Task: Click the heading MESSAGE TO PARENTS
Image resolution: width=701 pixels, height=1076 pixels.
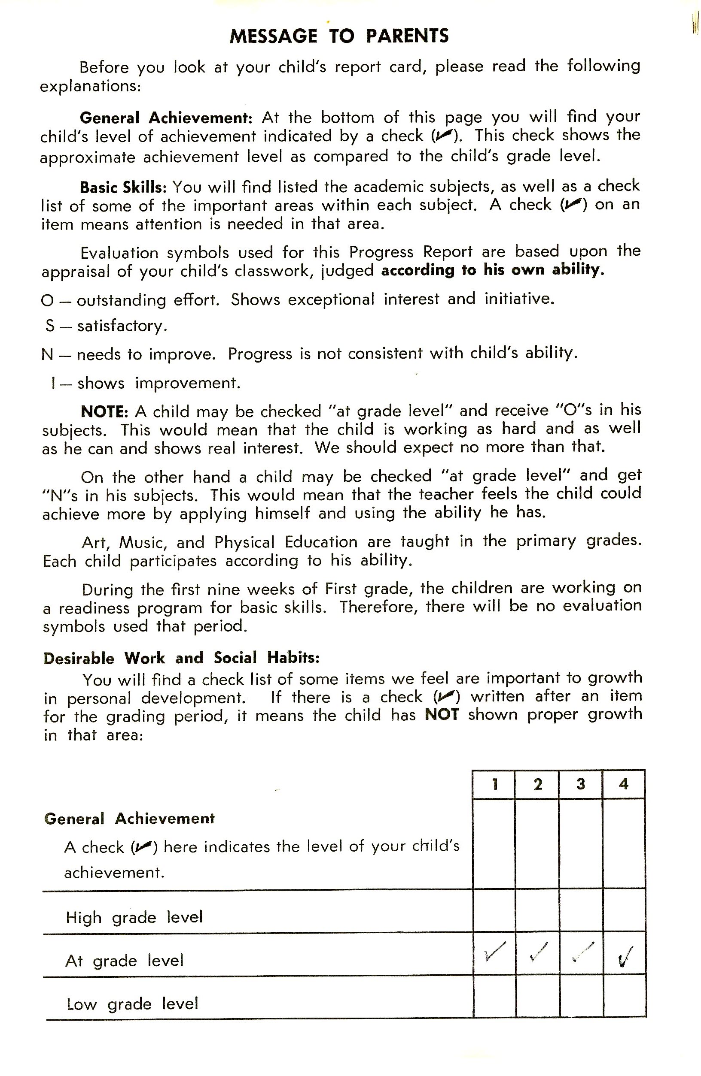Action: tap(339, 36)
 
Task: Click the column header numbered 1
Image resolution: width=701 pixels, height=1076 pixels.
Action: tap(495, 783)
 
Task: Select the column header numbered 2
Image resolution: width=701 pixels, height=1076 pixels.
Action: tap(538, 783)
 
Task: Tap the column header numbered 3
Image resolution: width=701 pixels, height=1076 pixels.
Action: tap(581, 783)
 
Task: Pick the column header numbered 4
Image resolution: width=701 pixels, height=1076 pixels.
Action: tap(624, 783)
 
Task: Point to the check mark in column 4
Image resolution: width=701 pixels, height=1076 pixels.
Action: tap(625, 955)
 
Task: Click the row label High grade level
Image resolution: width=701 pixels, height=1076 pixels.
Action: tap(134, 917)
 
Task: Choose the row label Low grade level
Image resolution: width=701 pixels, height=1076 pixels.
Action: tap(132, 1003)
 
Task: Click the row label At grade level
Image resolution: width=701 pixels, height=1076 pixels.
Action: tap(125, 960)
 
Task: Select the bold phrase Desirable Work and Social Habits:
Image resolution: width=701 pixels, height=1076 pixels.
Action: tap(181, 658)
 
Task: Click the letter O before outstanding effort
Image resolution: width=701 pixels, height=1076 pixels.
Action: tap(47, 301)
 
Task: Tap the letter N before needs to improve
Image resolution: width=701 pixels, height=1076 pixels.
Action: tap(47, 355)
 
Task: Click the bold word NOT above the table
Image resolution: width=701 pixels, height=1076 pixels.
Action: tap(442, 715)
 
